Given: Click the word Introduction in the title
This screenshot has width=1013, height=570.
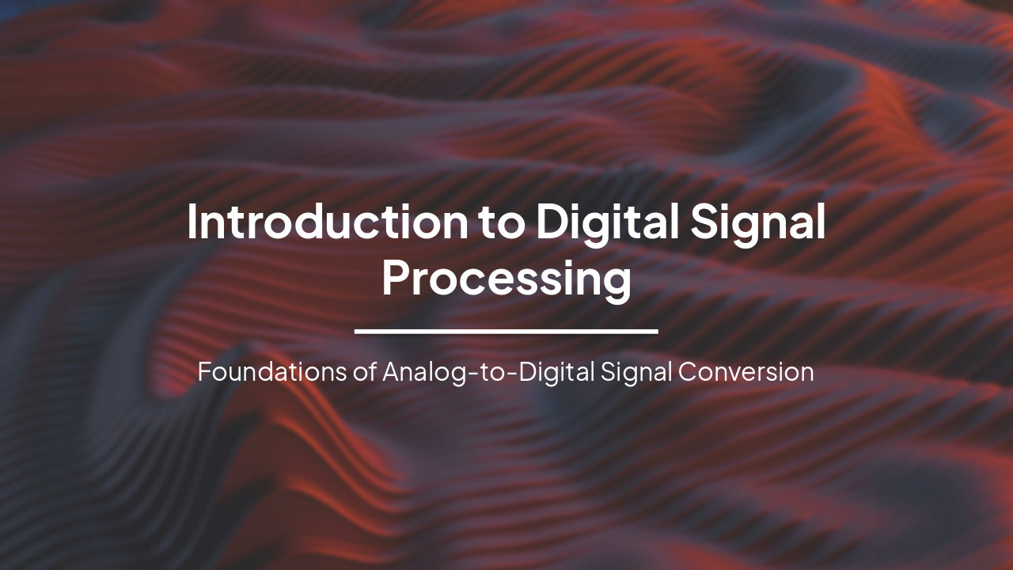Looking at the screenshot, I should pyautogui.click(x=328, y=222).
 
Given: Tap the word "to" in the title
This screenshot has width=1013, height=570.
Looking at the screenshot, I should pyautogui.click(x=503, y=223).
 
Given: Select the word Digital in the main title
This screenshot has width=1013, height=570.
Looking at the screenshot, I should pyautogui.click(x=607, y=223).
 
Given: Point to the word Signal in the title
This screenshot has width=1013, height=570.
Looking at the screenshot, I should pyautogui.click(x=758, y=223).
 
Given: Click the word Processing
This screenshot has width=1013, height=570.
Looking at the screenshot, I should pyautogui.click(x=506, y=279).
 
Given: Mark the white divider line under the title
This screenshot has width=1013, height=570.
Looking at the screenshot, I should pyautogui.click(x=506, y=331).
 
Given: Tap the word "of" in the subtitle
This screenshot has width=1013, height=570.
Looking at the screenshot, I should pyautogui.click(x=366, y=371).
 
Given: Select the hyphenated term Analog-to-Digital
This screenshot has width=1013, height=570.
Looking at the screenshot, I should pyautogui.click(x=488, y=371).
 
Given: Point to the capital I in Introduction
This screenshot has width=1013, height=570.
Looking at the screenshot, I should pyautogui.click(x=192, y=222).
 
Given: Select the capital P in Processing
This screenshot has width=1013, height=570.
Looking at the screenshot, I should pyautogui.click(x=396, y=279).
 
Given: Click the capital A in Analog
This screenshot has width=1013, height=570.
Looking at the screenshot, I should pyautogui.click(x=391, y=371).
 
